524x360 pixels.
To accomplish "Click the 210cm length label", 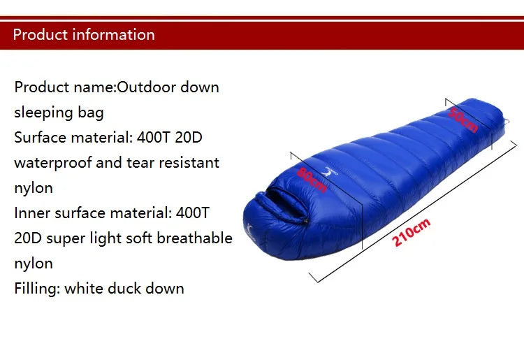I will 412,233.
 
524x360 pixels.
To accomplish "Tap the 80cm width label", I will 312,180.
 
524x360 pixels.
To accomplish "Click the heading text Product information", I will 84,34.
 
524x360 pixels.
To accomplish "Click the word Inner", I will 31,213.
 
